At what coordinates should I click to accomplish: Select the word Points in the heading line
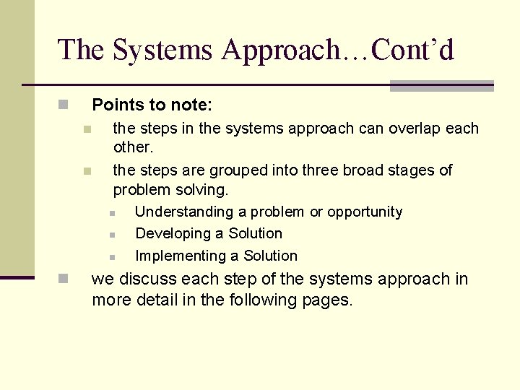(116, 105)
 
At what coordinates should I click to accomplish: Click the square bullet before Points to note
(64, 105)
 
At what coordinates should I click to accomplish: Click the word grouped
(236, 170)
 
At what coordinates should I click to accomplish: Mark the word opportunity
(365, 212)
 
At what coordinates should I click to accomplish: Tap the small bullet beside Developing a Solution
(113, 235)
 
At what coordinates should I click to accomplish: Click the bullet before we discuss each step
(64, 279)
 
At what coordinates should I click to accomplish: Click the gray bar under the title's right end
(441, 86)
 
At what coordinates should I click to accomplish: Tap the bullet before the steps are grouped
(86, 172)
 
